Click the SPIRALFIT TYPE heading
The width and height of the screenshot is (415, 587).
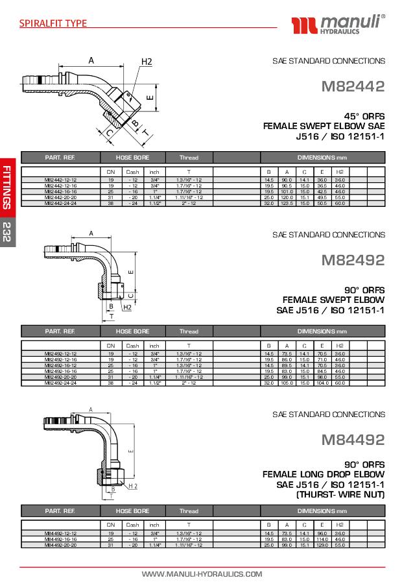pos(53,23)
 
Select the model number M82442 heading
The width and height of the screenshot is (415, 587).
pos(353,86)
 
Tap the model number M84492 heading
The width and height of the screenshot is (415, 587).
pos(353,439)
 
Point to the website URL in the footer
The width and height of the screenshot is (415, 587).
pos(202,574)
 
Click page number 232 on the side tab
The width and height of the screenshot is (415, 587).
pos(7,232)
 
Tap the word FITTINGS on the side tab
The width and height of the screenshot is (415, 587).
pos(7,187)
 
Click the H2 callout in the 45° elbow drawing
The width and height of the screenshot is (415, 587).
pos(147,62)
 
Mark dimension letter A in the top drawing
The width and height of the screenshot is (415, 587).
pos(91,60)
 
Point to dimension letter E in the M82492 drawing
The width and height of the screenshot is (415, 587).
pos(131,272)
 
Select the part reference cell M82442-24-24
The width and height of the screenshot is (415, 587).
pos(61,203)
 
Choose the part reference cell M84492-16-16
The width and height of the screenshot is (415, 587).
pos(61,539)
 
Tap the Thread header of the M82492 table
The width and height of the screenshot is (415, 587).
pos(189,331)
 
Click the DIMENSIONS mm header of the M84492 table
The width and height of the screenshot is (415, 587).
pos(322,511)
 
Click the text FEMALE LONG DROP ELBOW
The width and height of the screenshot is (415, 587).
pos(323,474)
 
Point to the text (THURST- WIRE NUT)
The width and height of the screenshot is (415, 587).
pos(340,495)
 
